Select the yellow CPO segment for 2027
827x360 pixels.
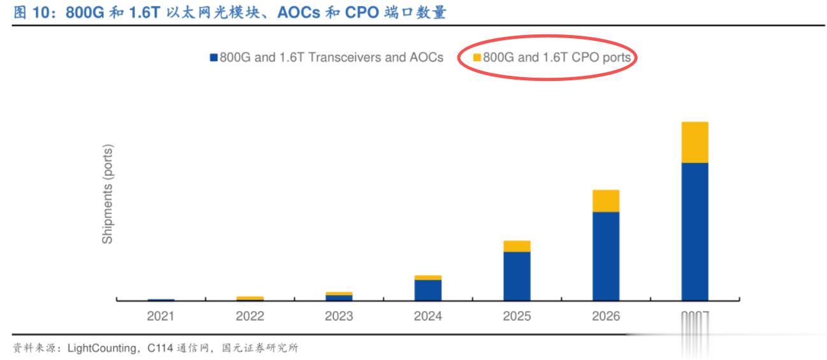[694, 142]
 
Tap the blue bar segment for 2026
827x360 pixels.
[605, 256]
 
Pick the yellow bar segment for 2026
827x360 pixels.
[605, 201]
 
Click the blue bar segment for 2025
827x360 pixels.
[517, 276]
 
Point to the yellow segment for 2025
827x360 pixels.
[517, 246]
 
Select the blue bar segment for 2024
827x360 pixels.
[428, 290]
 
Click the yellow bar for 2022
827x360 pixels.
[250, 298]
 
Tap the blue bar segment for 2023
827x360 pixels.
[339, 297]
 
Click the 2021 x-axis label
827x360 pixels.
[161, 315]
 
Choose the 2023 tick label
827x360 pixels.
[339, 315]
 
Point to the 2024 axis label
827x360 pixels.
[428, 315]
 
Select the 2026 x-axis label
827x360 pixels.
[605, 315]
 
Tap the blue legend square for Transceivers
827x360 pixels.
[213, 58]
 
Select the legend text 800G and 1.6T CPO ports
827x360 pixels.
[557, 57]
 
